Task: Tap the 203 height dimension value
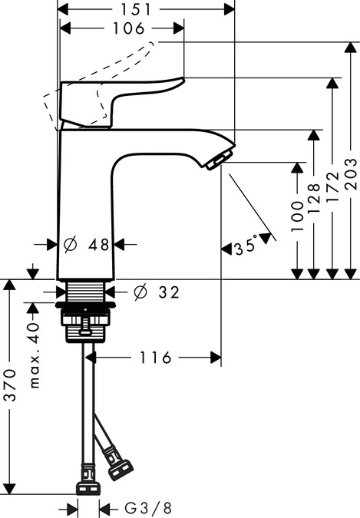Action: (x=351, y=174)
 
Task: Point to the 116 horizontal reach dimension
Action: (x=156, y=358)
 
